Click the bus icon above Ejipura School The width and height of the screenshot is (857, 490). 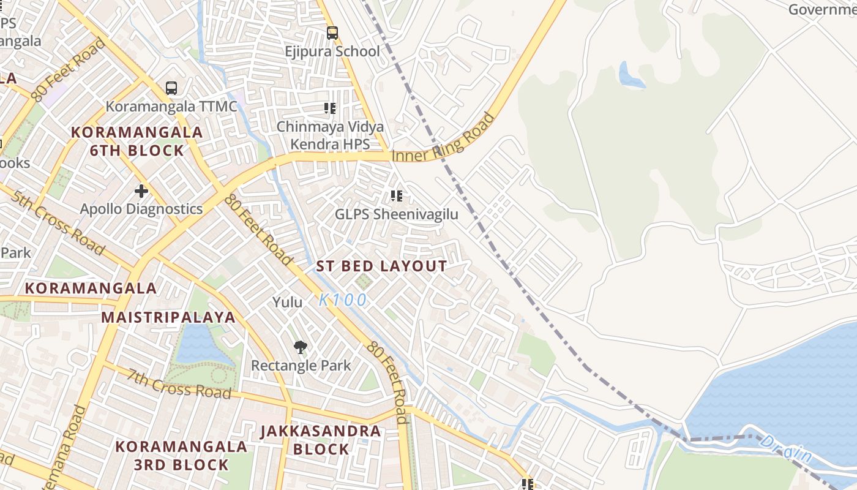(332, 33)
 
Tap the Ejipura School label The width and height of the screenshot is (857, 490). (332, 51)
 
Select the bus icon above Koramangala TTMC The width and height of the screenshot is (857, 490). (171, 88)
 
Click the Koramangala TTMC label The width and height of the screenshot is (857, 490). (171, 107)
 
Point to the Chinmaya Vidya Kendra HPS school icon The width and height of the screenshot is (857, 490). (330, 109)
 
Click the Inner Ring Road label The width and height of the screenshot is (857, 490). (443, 139)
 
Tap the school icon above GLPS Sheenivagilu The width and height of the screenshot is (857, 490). (397, 196)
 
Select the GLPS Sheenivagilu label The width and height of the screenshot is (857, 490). (396, 215)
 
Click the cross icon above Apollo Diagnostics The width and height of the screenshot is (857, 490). (141, 190)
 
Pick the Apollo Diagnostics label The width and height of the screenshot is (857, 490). (141, 209)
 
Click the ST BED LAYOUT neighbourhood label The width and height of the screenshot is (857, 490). (381, 266)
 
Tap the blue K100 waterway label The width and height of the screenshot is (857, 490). (343, 300)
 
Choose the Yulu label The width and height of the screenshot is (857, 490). (288, 302)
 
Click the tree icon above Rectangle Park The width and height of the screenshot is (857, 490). (300, 347)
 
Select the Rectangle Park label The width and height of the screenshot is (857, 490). (301, 366)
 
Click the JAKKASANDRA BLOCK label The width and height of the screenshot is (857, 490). (321, 440)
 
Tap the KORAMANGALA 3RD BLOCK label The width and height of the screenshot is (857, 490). (181, 455)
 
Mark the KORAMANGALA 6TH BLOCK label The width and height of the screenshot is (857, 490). (137, 141)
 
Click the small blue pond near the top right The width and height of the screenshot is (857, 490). (631, 75)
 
